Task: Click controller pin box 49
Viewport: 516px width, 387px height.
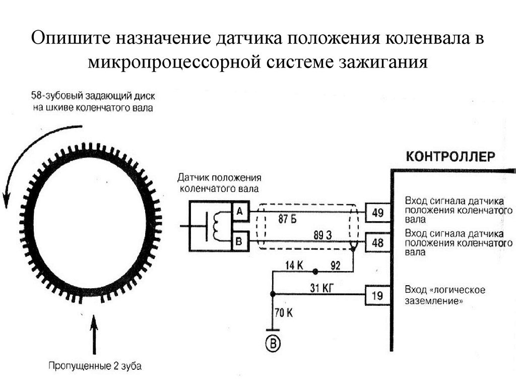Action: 378,213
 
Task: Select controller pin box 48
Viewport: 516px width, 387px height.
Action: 378,242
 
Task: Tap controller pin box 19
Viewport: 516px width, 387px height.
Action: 378,295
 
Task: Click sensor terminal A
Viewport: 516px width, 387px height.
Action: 240,211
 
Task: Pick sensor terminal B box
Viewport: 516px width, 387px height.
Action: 240,241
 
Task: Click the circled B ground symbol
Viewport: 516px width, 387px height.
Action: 273,344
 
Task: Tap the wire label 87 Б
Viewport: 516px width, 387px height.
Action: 287,219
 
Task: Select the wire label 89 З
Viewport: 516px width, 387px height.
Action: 323,235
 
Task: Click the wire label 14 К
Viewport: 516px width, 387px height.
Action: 294,265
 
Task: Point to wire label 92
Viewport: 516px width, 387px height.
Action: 335,265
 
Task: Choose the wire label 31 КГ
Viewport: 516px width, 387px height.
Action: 321,288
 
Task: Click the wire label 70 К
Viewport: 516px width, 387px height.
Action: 284,312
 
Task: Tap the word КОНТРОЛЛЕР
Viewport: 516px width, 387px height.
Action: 450,156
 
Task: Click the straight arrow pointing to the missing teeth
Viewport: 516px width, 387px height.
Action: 94,335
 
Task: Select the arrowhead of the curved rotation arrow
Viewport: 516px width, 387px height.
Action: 6,200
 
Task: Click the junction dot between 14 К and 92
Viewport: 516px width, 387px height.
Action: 315,272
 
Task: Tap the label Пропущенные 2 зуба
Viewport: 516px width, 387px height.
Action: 95,366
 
